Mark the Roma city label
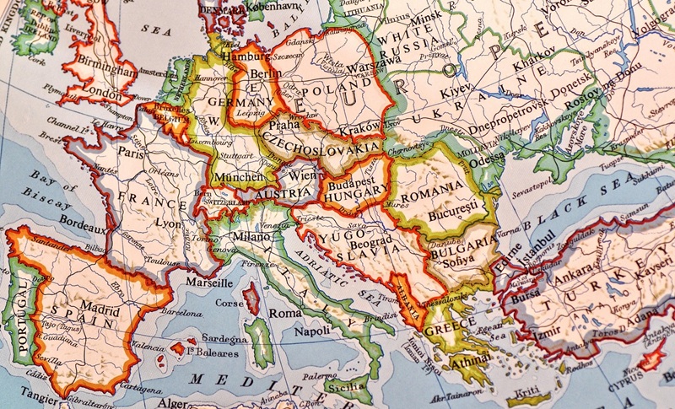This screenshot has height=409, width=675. [285, 313]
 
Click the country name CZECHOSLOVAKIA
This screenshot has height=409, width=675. [321, 144]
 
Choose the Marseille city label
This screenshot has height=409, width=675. [208, 283]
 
